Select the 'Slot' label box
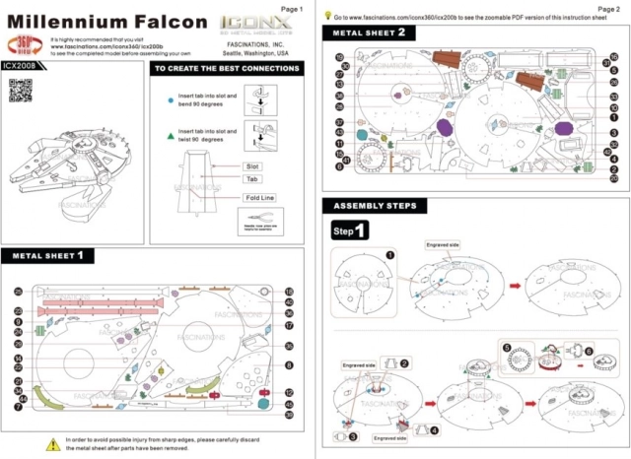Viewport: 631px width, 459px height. coord(252,166)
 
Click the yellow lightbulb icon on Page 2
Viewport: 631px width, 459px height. coord(327,18)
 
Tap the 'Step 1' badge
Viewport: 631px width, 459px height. coord(349,230)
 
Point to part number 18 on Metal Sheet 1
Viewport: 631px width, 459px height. coord(289,292)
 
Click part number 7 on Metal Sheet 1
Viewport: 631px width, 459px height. coord(19,406)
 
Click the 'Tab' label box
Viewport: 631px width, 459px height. coord(251,180)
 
